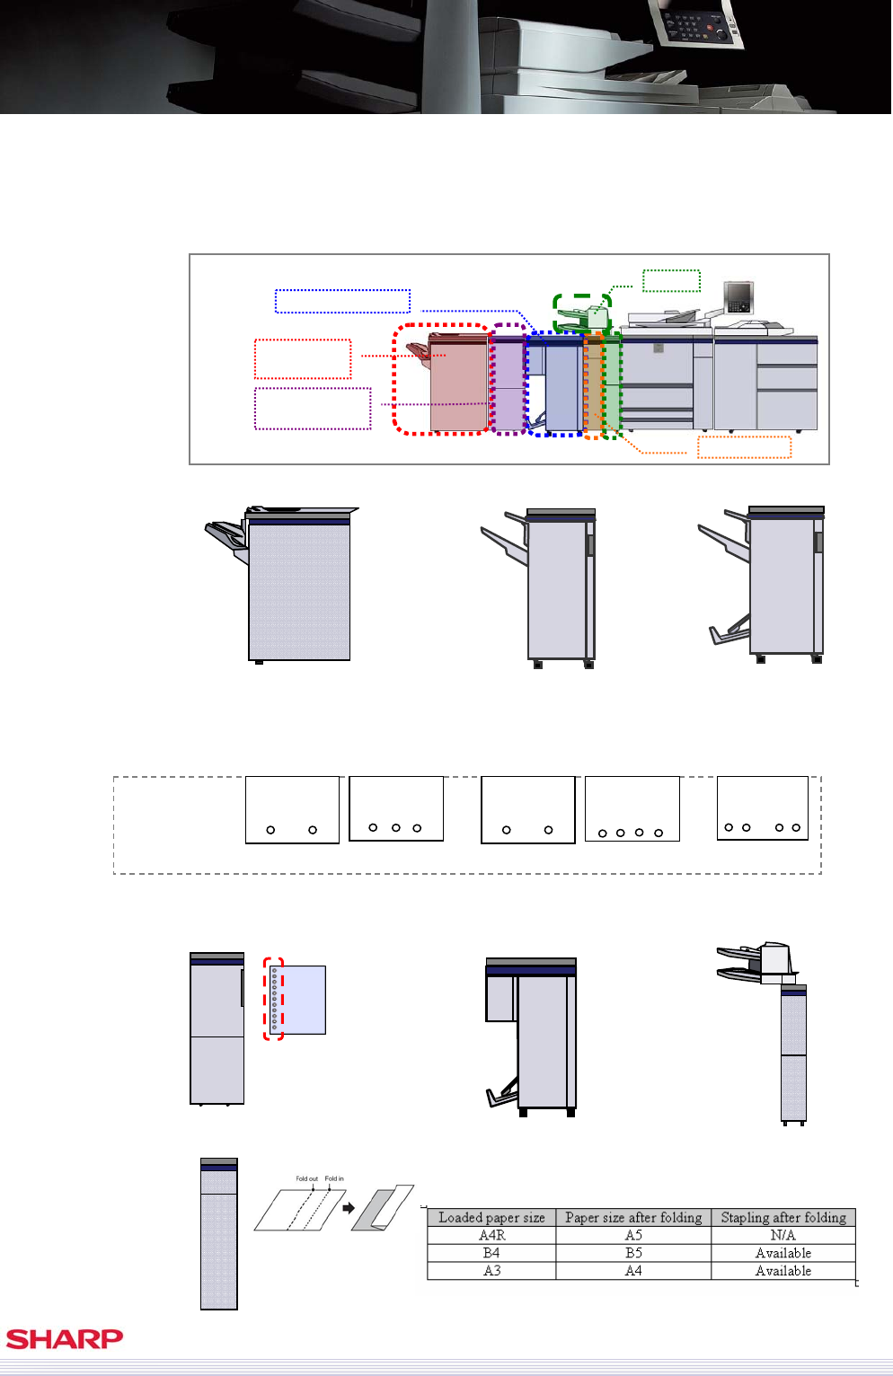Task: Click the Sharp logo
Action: [x=65, y=1338]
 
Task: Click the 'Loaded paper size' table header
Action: [x=491, y=1217]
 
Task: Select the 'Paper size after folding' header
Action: [x=633, y=1217]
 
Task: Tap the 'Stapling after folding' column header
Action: [x=783, y=1217]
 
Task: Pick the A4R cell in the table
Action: [x=491, y=1235]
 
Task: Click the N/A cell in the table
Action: [x=783, y=1235]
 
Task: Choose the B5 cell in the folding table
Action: [x=633, y=1253]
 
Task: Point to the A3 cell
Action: [x=491, y=1270]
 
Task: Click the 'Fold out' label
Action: [x=306, y=1178]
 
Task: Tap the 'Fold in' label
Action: [x=334, y=1178]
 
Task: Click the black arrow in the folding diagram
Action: [x=349, y=1208]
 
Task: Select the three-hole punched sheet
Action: [x=396, y=808]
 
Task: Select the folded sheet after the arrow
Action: [x=383, y=1208]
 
